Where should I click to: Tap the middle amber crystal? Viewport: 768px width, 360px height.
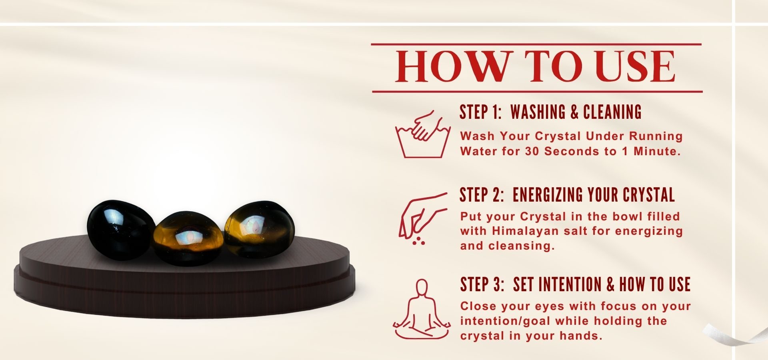click(x=186, y=239)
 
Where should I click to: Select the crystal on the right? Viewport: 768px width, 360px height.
click(x=259, y=230)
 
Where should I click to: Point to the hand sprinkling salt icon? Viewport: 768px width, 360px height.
click(x=422, y=218)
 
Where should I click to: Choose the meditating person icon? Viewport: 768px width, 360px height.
click(x=421, y=309)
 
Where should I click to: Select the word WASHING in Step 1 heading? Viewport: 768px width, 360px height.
click(x=538, y=112)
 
